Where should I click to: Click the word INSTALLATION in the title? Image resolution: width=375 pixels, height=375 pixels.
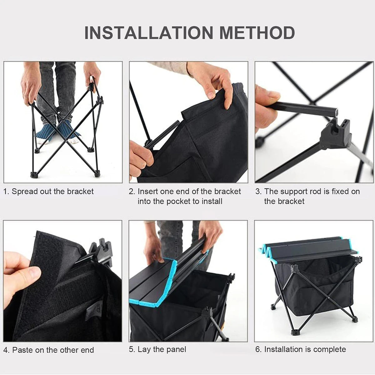(149, 32)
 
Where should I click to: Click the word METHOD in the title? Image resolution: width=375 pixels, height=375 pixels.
(257, 32)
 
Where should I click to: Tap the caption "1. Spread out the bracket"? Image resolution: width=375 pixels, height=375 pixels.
(48, 192)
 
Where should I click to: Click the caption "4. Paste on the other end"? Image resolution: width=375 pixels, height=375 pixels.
(49, 350)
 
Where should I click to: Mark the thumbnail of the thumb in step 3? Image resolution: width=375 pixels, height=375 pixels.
(273, 95)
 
